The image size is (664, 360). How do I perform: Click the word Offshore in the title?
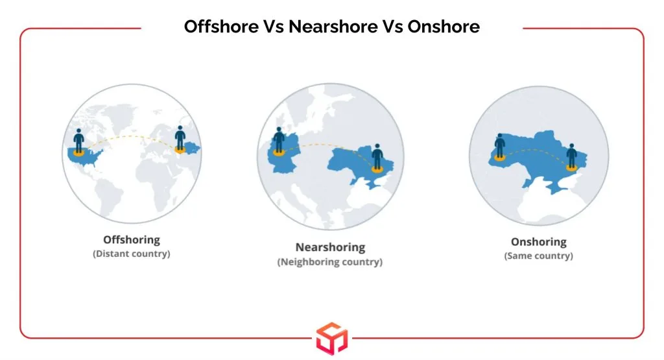point(221,26)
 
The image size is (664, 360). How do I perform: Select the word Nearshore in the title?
point(333,26)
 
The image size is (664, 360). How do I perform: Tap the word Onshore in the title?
point(444,26)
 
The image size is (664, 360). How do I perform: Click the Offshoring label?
point(132,240)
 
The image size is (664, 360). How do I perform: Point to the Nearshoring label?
point(330,247)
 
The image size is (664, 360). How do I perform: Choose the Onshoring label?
point(539,242)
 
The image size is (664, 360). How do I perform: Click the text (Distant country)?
point(132,254)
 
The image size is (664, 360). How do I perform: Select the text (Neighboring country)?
point(330,262)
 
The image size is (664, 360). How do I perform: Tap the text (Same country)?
point(539,256)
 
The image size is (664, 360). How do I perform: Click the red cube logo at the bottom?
point(332,339)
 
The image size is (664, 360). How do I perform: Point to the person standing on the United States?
point(78,141)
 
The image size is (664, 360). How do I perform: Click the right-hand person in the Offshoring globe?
point(180,138)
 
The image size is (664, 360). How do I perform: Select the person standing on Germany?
point(279,139)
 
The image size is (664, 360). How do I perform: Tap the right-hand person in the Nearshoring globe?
point(377,157)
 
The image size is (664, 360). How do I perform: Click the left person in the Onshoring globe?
point(500,146)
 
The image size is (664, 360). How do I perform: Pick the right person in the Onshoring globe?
point(572,156)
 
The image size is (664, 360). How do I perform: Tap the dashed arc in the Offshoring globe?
point(130,136)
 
